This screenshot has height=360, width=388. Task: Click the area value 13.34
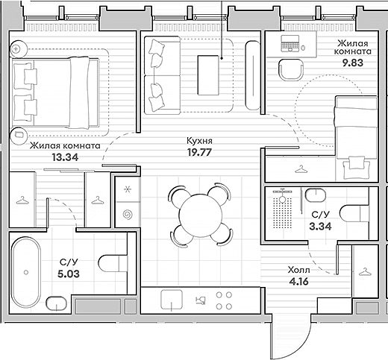[65, 157]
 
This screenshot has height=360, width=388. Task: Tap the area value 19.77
[199, 152]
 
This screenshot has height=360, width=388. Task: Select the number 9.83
[353, 63]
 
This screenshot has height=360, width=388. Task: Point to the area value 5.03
[69, 274]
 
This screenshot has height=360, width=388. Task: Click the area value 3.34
[320, 227]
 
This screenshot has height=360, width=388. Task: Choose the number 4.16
[299, 282]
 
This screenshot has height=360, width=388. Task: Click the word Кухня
[199, 141]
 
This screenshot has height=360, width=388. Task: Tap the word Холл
[299, 270]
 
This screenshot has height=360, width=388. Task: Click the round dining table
[201, 215]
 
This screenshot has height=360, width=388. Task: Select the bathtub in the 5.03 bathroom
[26, 272]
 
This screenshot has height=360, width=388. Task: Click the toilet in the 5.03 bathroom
[113, 263]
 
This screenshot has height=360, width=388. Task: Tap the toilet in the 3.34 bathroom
[354, 213]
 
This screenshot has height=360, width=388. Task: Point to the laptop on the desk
[290, 44]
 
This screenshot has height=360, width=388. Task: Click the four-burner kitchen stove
[224, 300]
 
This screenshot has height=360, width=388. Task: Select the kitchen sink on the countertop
[172, 300]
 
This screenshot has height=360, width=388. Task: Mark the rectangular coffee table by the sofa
[208, 75]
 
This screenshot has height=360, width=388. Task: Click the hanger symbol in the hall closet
[365, 272]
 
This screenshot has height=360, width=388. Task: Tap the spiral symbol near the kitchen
[128, 215]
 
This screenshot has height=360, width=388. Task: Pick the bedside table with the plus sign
[18, 49]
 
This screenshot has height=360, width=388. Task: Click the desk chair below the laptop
[291, 70]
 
